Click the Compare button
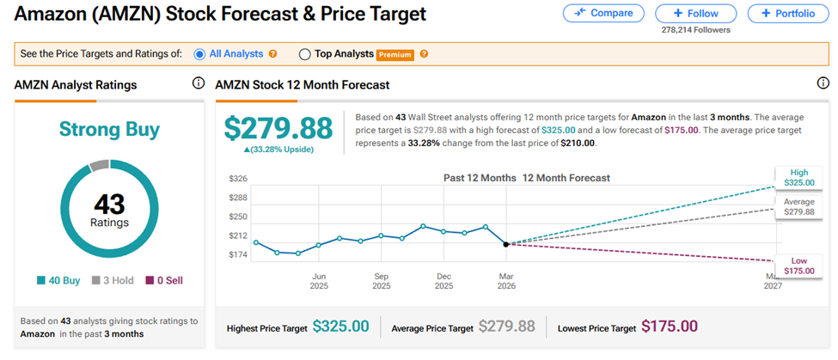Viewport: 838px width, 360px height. click(x=603, y=13)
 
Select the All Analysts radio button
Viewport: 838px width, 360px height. click(x=200, y=53)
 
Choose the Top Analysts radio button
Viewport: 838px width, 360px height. click(x=304, y=53)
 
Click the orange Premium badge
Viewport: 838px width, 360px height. click(x=395, y=54)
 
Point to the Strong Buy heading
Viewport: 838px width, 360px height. click(x=109, y=130)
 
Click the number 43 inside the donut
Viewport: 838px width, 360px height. click(x=108, y=204)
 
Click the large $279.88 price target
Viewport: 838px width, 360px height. click(x=278, y=128)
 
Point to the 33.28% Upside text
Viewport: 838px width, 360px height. click(x=279, y=149)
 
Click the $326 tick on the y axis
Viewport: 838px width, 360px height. click(x=237, y=179)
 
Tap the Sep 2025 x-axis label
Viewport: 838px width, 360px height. click(x=382, y=281)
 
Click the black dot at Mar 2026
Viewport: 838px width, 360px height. click(x=505, y=244)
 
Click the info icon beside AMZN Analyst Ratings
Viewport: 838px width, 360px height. click(x=198, y=83)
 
